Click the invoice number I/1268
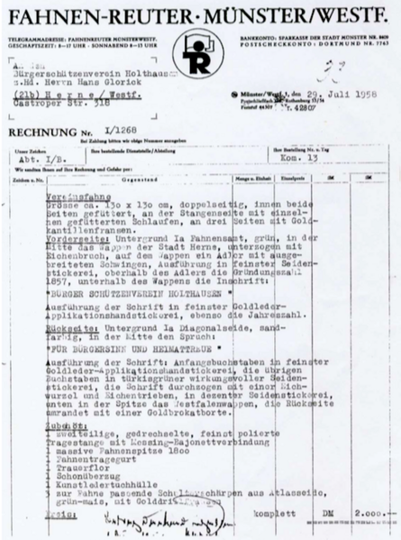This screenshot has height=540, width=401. [99, 132]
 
